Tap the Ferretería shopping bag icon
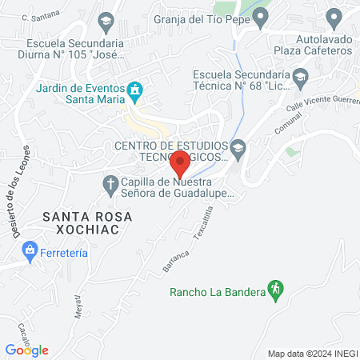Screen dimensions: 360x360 pos(30,251)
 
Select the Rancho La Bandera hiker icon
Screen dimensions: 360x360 pos(276,291)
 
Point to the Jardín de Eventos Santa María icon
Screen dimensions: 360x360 pos(136,92)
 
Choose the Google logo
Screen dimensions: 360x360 pos(27,350)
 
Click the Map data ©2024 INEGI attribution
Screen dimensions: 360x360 pos(312,354)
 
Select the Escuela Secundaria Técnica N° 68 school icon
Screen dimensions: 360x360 pos(301,78)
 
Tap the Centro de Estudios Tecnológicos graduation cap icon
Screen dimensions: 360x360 pos(238,149)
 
